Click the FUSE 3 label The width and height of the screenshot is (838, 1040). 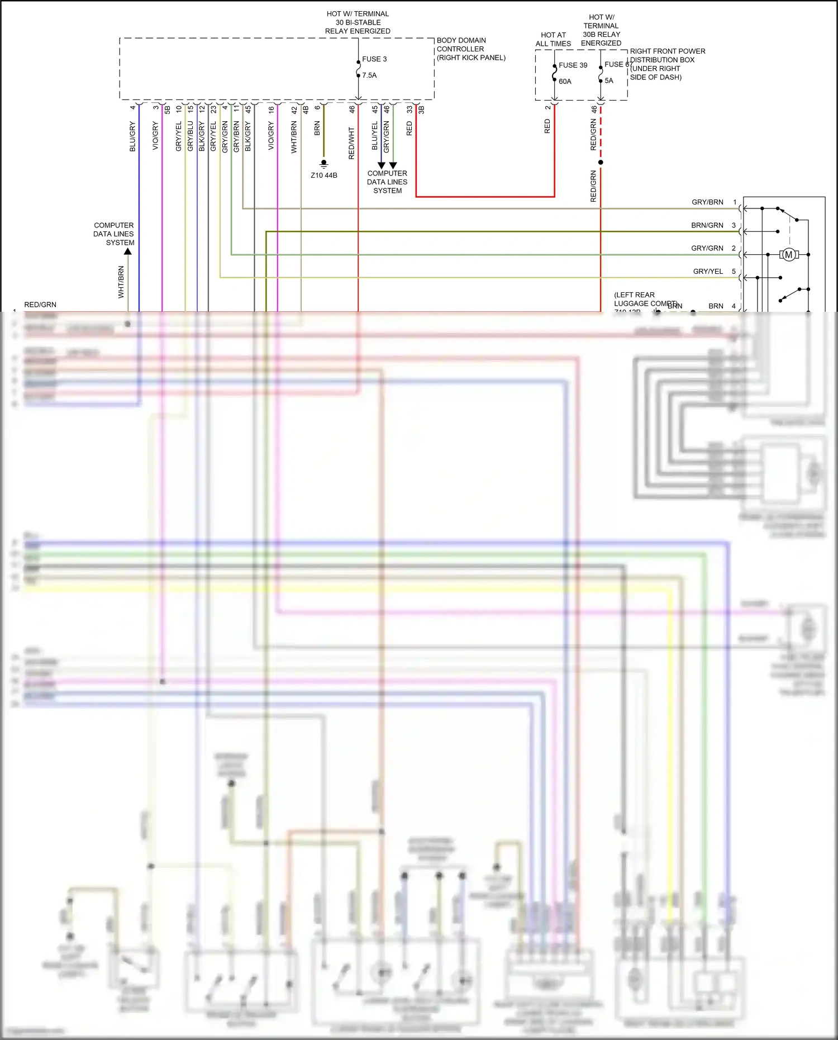374,59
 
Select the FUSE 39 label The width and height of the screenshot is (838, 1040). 573,65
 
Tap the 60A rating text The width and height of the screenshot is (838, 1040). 565,82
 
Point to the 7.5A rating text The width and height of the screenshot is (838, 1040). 369,75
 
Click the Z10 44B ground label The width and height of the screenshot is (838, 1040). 324,175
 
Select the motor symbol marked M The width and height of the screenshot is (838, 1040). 788,255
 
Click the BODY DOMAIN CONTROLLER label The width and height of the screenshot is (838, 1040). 470,49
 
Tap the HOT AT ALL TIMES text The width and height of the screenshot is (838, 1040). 553,39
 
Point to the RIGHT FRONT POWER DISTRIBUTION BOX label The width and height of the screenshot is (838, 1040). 667,64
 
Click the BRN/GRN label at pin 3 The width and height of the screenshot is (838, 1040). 707,225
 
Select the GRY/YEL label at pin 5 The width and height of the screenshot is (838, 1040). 708,272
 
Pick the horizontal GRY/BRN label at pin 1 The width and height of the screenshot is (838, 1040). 707,202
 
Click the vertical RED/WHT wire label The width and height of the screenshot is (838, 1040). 351,143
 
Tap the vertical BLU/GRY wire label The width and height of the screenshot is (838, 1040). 132,136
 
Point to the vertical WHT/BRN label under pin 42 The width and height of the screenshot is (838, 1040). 294,137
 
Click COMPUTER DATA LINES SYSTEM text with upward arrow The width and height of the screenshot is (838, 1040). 114,234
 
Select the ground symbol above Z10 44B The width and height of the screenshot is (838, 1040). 323,164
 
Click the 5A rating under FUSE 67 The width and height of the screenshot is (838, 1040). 608,80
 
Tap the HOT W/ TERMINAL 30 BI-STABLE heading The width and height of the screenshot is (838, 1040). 358,22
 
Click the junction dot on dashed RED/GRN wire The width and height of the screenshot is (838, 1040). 601,163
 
